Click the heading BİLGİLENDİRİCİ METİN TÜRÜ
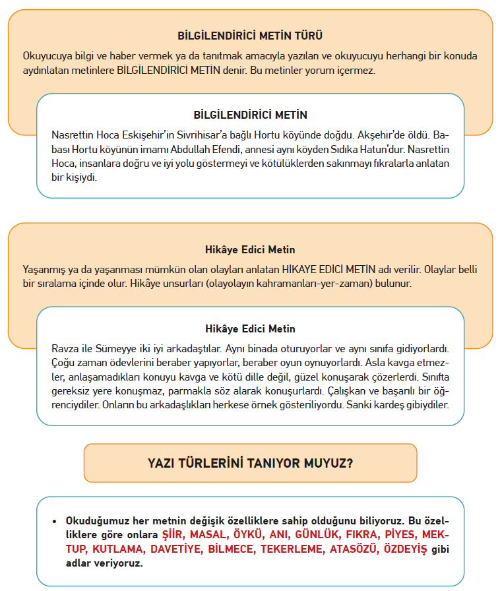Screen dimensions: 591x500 coord(250,36)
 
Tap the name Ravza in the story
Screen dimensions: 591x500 coord(65,348)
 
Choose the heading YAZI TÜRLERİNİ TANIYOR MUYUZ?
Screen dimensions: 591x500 coord(250,463)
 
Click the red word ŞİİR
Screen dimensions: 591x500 coord(175,534)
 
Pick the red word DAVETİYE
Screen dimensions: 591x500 coord(179,549)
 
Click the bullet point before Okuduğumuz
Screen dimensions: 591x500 coord(55,520)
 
